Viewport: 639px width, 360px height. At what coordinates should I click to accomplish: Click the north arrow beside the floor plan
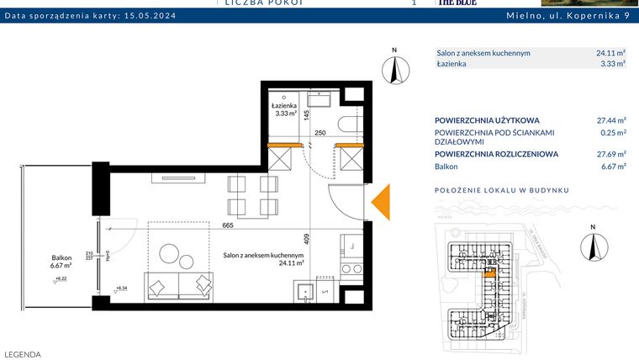coord(393,66)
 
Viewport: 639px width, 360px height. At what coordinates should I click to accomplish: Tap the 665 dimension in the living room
coord(228,225)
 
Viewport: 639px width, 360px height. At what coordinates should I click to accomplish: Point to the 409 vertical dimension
coord(307,238)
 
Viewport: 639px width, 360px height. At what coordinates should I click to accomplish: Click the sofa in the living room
coord(179,286)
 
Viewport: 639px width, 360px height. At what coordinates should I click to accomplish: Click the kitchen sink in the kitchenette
coord(305,291)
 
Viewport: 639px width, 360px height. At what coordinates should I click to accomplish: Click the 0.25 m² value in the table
coord(612,133)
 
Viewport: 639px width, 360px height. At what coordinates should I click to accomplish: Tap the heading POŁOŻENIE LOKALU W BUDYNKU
coord(501,190)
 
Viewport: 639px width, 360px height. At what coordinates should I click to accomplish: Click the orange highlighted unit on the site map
coord(490,273)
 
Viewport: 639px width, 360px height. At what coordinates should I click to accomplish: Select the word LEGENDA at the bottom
coord(23,354)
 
